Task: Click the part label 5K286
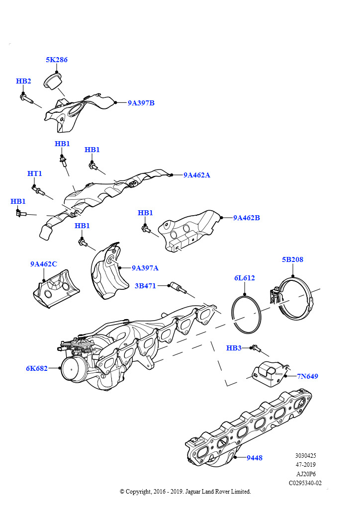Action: (x=57, y=60)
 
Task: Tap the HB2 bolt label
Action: (x=23, y=81)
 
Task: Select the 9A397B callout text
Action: (x=141, y=103)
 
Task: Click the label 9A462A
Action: (x=196, y=175)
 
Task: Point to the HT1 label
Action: (x=34, y=173)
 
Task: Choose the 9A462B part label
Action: (x=246, y=218)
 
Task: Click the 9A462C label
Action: (x=43, y=264)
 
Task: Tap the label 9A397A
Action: (x=145, y=268)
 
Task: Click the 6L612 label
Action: (x=244, y=278)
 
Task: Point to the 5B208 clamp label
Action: (x=292, y=259)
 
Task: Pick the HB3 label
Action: (x=234, y=348)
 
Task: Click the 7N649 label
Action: (x=308, y=376)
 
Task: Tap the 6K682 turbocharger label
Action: (x=37, y=368)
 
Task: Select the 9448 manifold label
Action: (x=254, y=458)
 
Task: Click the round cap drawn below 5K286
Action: (x=52, y=81)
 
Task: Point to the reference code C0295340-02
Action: (x=305, y=483)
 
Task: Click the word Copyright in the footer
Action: (x=139, y=492)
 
